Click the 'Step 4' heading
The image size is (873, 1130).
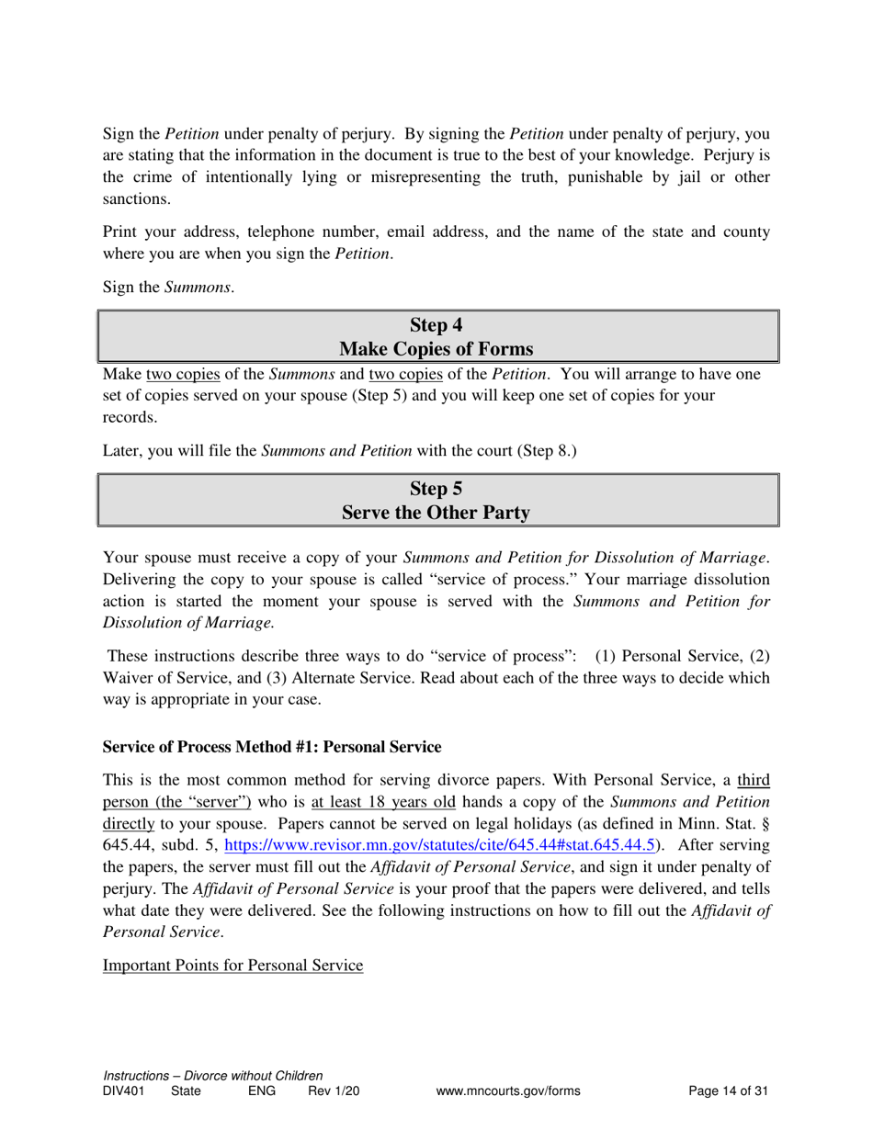pyautogui.click(x=436, y=325)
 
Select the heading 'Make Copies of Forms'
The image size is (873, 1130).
pyautogui.click(x=436, y=349)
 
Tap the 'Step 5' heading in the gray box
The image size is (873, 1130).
pyautogui.click(x=436, y=489)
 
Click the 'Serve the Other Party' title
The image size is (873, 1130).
pyautogui.click(x=436, y=513)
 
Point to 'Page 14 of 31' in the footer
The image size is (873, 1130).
pyautogui.click(x=728, y=1091)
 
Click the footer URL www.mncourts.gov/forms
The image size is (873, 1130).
pyautogui.click(x=509, y=1091)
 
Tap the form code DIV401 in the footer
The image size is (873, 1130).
pyautogui.click(x=123, y=1091)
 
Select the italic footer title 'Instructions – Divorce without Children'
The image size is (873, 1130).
pyautogui.click(x=213, y=1076)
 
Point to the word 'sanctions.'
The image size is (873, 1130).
pyautogui.click(x=136, y=198)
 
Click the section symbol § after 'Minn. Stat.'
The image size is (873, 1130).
pyautogui.click(x=765, y=823)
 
